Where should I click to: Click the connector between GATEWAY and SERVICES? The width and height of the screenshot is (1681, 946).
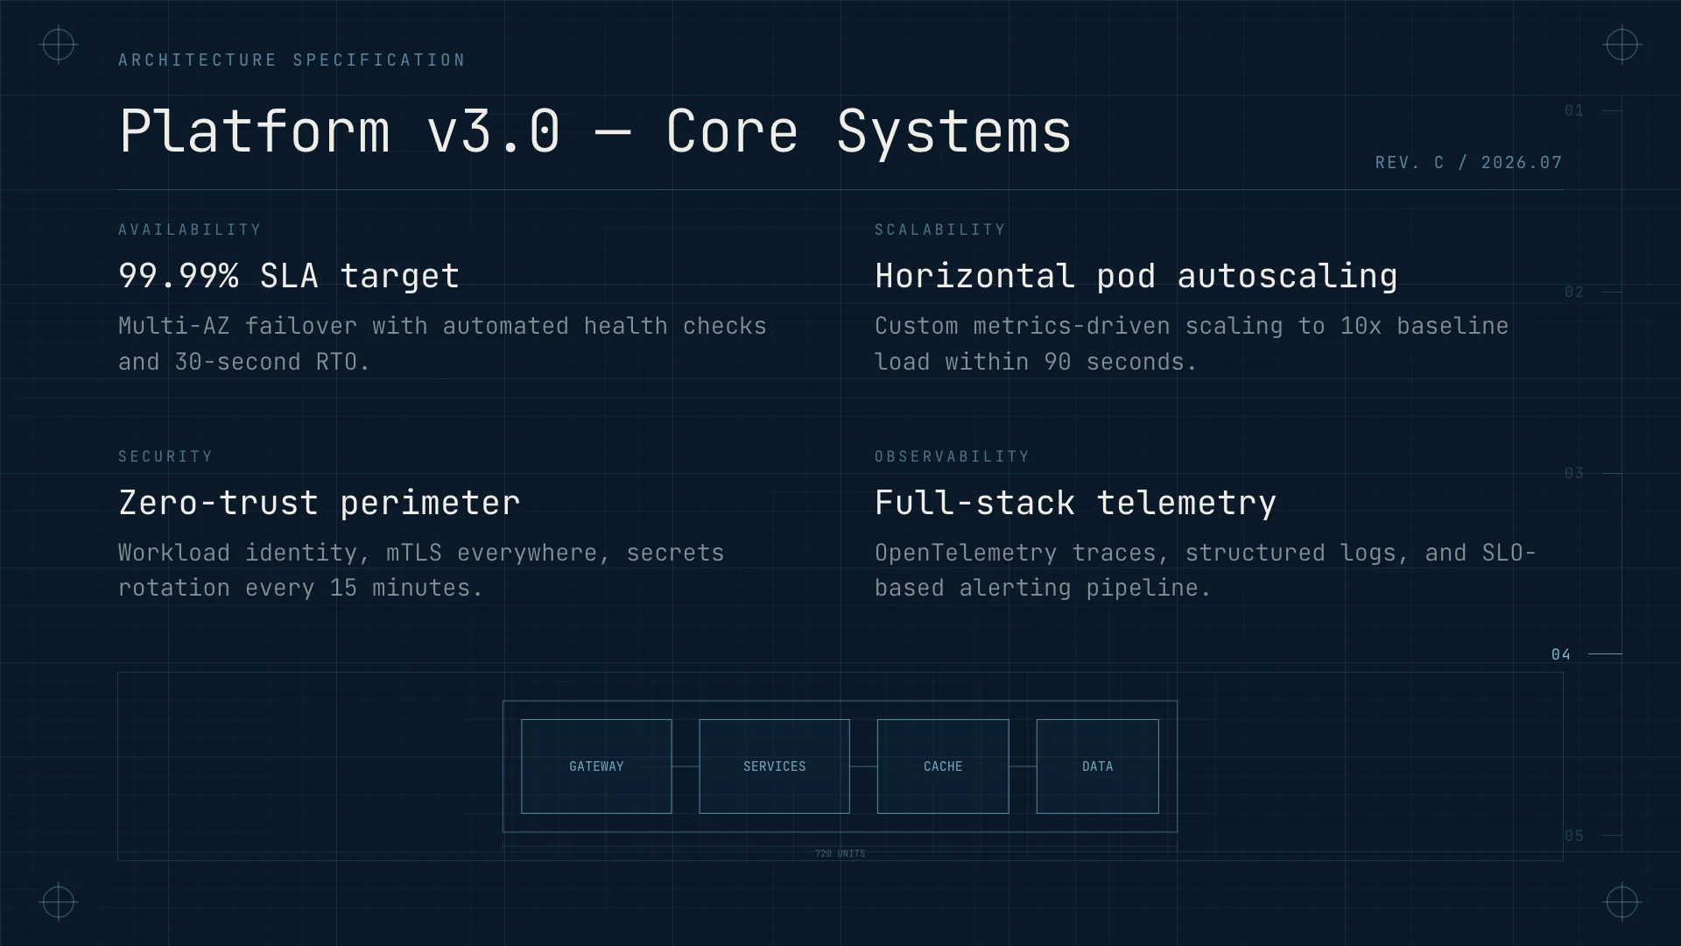[686, 766]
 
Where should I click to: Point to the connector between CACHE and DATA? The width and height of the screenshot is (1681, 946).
[1023, 766]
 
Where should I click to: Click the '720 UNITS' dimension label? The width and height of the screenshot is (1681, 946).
[840, 853]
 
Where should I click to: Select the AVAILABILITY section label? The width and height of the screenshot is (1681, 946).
[190, 229]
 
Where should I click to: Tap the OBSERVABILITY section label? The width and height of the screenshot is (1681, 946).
[952, 456]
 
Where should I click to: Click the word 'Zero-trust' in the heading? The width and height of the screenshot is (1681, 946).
[219, 503]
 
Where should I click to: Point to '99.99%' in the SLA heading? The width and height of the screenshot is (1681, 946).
[179, 276]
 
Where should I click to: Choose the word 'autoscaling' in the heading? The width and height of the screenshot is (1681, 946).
[1287, 277]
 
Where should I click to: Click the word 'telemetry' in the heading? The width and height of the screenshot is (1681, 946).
[1186, 504]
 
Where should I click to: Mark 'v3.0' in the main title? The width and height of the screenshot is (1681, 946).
[494, 131]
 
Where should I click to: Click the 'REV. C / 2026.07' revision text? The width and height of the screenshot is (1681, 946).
[1468, 163]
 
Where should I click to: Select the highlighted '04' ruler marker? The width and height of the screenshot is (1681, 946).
[1561, 654]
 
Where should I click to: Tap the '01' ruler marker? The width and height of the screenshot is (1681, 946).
[1574, 110]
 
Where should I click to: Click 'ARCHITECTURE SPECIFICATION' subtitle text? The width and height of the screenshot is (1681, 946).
[292, 60]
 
